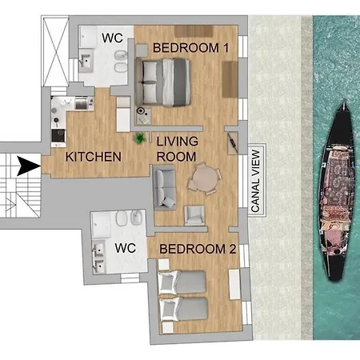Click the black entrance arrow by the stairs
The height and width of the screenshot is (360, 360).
click(28, 166)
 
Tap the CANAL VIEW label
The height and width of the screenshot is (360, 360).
click(256, 181)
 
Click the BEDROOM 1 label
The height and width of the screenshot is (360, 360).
click(191, 48)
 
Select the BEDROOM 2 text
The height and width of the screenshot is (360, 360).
click(198, 249)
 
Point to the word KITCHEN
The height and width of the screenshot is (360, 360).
click(94, 157)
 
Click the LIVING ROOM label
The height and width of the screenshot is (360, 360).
click(178, 149)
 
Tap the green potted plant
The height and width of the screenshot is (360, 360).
click(140, 138)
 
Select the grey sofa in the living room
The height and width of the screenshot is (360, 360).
click(164, 187)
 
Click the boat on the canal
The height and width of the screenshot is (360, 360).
click(338, 192)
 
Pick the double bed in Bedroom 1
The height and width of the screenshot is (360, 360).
click(162, 82)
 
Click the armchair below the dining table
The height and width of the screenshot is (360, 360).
click(194, 215)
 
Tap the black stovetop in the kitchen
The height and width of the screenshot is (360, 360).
click(58, 135)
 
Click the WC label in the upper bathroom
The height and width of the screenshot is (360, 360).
click(112, 38)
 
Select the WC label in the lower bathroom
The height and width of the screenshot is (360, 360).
click(126, 248)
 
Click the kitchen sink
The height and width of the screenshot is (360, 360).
click(82, 103)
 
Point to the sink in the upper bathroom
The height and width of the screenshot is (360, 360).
click(86, 61)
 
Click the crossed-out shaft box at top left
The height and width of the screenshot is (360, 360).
click(55, 51)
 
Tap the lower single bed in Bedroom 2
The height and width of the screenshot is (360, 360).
click(183, 310)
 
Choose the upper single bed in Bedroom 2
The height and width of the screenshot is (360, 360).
click(182, 282)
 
